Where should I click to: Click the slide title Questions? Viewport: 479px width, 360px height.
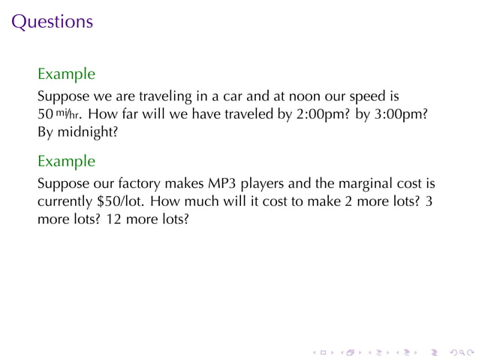click(x=53, y=21)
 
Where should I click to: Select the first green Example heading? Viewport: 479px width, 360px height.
click(x=66, y=74)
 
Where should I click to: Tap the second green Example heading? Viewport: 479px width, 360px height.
click(x=66, y=161)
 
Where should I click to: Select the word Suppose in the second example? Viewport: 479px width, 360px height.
click(x=62, y=184)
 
